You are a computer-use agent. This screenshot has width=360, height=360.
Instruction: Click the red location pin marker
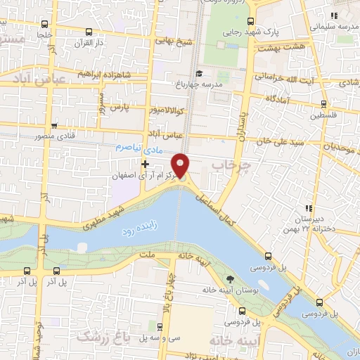(x=181, y=165)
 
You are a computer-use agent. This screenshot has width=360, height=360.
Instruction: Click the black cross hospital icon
(x=145, y=164)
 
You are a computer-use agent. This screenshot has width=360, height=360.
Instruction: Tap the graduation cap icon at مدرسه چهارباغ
(x=199, y=74)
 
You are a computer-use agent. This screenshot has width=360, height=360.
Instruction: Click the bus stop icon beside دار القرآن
(x=89, y=32)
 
